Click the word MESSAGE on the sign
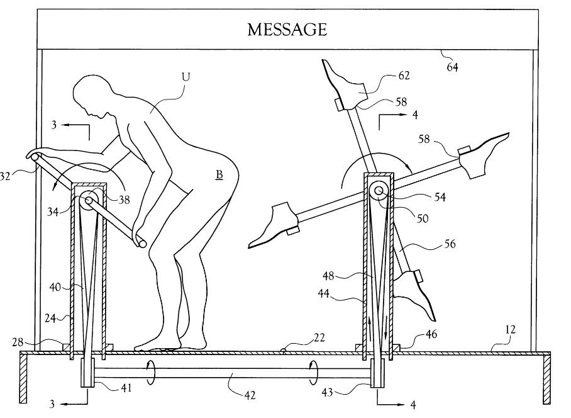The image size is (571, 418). (x=287, y=30)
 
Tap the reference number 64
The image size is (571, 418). (x=452, y=67)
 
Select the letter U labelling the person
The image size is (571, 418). (x=186, y=77)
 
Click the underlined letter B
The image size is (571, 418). (x=219, y=175)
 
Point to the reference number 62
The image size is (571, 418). (x=404, y=76)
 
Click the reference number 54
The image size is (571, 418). (x=440, y=197)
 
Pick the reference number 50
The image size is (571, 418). (x=423, y=218)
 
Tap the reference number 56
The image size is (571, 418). (x=450, y=244)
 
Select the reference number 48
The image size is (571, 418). (x=328, y=276)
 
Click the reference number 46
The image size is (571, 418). (x=431, y=334)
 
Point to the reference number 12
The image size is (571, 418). (x=511, y=330)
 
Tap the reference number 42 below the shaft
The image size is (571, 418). (x=250, y=395)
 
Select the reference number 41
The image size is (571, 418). (x=126, y=388)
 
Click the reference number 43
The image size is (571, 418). (x=328, y=392)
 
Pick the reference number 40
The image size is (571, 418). (x=55, y=288)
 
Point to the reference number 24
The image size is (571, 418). (x=50, y=318)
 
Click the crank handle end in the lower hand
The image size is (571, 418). (x=141, y=244)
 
